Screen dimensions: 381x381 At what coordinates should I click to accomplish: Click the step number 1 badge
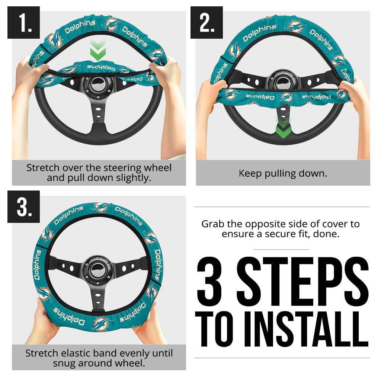[23, 23]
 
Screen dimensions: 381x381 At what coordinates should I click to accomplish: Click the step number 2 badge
[206, 23]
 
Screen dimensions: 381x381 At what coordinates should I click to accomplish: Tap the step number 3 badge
[23, 207]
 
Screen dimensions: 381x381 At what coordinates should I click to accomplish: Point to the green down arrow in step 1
[98, 50]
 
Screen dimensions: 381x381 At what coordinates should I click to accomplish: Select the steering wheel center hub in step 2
[284, 80]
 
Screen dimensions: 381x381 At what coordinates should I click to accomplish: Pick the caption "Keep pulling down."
[283, 173]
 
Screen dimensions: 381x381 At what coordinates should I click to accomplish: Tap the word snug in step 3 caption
[64, 363]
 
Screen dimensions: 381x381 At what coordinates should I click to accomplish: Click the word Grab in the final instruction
[214, 224]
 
